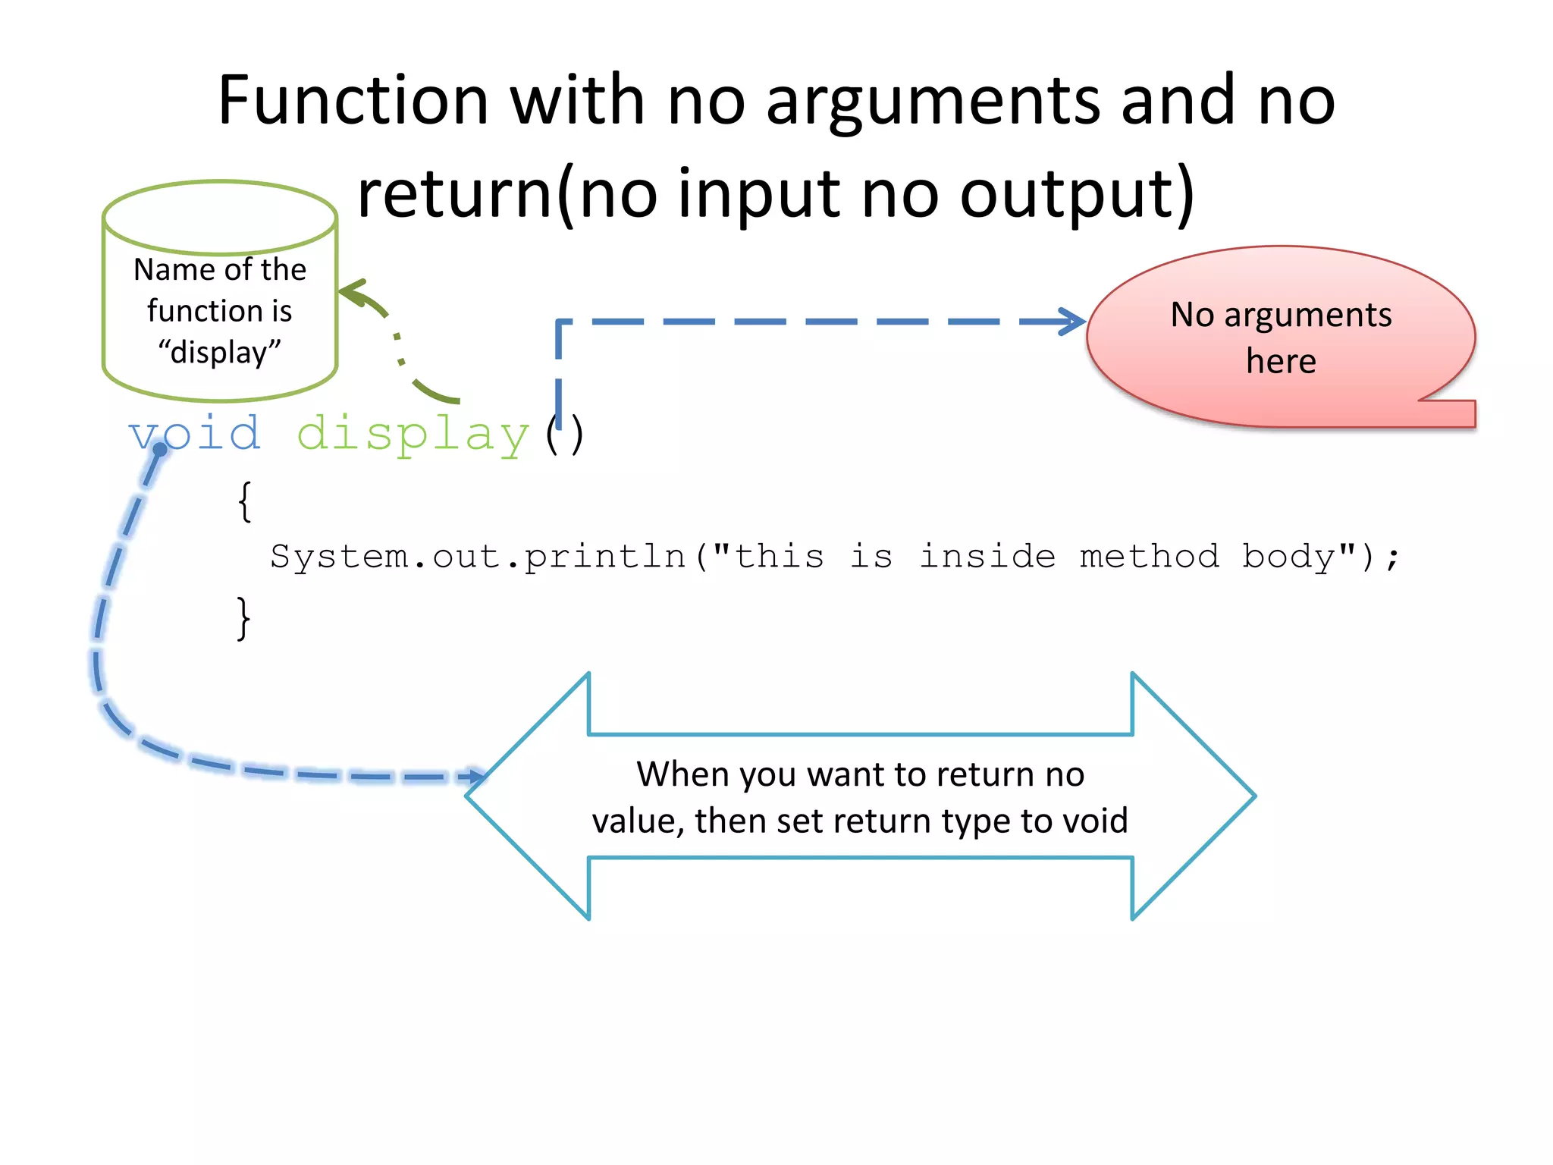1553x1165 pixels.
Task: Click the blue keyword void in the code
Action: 195,435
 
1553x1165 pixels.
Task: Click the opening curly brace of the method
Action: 244,501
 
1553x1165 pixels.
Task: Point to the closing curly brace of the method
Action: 243,618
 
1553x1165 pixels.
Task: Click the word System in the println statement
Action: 339,557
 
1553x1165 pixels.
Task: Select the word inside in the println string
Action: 987,556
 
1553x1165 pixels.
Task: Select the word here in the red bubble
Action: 1281,361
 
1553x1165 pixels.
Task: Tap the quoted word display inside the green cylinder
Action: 220,353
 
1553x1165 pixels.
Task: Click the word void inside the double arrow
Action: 1094,821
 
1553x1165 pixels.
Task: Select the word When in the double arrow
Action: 682,774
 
